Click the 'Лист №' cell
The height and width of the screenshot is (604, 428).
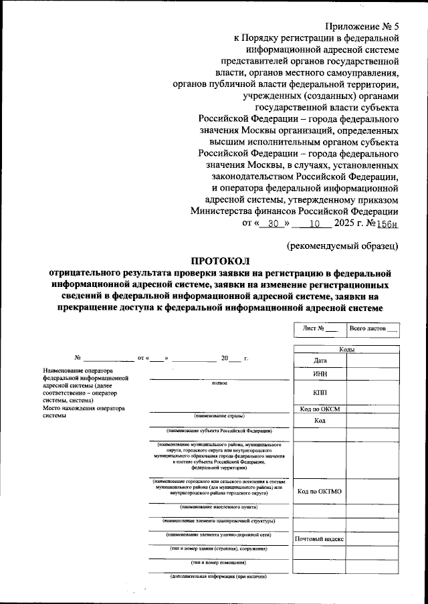pyautogui.click(x=319, y=328)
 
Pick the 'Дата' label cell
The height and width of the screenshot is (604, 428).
pyautogui.click(x=320, y=361)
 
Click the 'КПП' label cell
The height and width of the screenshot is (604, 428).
pyautogui.click(x=320, y=392)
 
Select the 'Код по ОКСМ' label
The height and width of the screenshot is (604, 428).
pyautogui.click(x=320, y=409)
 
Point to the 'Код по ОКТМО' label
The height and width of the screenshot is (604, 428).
pyautogui.click(x=320, y=492)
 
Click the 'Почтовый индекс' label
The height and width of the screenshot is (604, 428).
pyautogui.click(x=320, y=538)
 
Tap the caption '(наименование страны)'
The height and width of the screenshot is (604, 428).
pyautogui.click(x=219, y=416)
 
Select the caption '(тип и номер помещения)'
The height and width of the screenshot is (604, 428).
pyautogui.click(x=219, y=563)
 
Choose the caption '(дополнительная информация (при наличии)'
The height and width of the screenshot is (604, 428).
pyautogui.click(x=219, y=577)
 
